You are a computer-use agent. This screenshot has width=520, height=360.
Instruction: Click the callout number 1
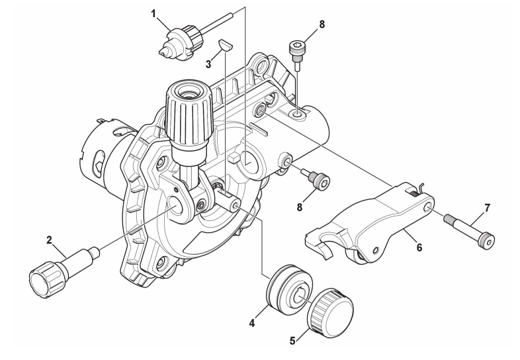153,14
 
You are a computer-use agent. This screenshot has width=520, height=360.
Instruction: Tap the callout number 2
49,240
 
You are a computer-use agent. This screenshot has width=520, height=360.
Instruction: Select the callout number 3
208,64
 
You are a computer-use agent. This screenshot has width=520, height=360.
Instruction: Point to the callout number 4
252,322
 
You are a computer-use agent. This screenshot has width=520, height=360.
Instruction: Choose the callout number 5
292,341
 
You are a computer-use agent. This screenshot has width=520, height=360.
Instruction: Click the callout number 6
419,247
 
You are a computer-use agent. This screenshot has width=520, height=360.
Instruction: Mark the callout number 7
487,208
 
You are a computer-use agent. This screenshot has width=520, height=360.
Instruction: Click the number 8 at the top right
322,24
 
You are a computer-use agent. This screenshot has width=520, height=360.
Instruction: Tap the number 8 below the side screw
300,207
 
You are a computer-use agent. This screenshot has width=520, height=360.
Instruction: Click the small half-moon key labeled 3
226,45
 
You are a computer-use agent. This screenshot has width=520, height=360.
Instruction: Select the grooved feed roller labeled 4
289,284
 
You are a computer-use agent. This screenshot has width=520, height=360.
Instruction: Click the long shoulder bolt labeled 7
469,230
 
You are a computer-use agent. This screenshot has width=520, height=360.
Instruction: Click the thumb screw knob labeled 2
63,271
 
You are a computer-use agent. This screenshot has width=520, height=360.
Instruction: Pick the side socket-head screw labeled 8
316,179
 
